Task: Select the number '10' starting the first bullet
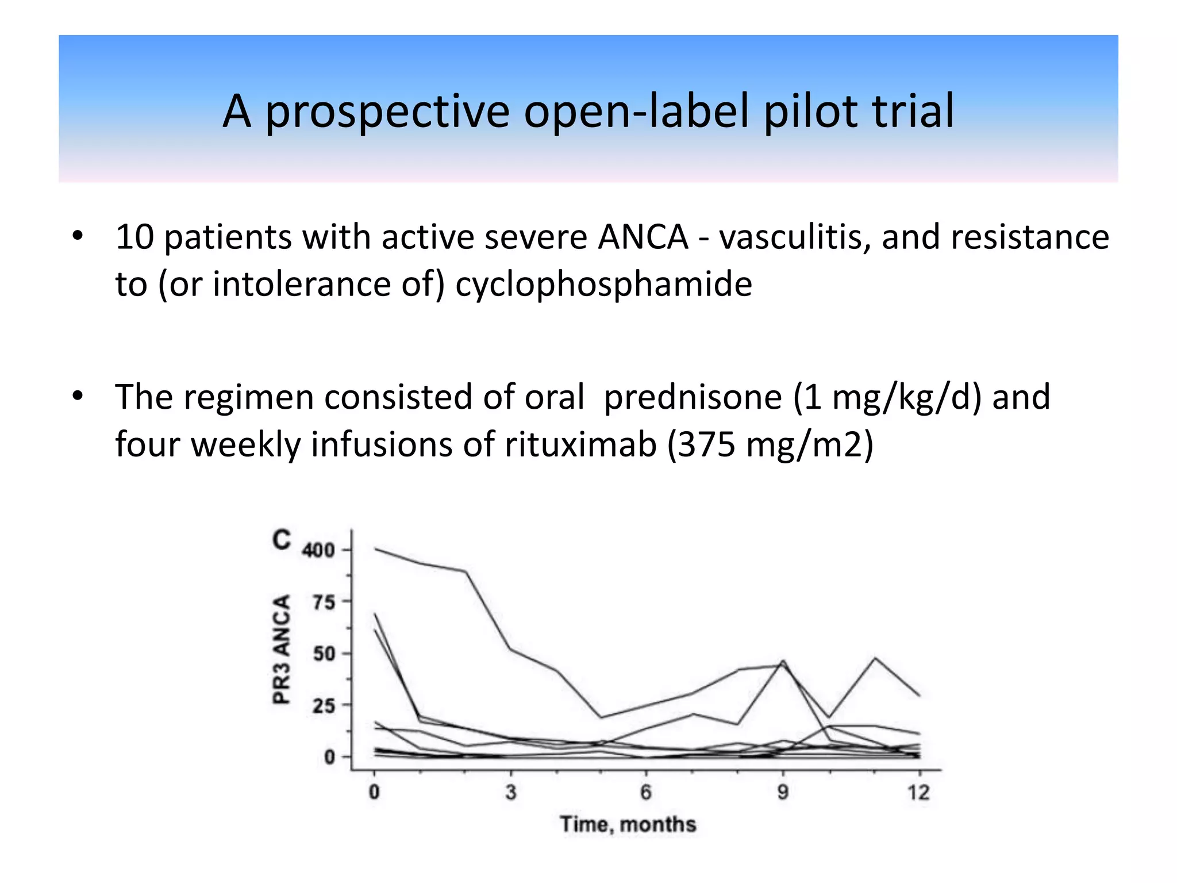click(134, 237)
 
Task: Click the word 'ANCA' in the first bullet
click(643, 237)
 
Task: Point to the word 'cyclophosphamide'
click(603, 285)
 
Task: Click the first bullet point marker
click(78, 236)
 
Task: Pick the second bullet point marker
click(78, 396)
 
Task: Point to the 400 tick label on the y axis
click(318, 550)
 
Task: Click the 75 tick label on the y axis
click(324, 602)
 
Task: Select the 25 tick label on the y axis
click(324, 705)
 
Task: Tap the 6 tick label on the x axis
click(646, 792)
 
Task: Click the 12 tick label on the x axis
click(918, 792)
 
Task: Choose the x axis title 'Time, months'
click(628, 824)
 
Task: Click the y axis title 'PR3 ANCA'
click(281, 650)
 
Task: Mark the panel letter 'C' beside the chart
click(282, 540)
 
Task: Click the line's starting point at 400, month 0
click(375, 548)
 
